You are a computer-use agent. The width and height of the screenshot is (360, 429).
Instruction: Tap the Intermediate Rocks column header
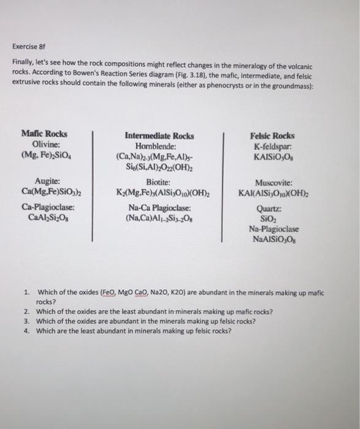[x=159, y=136]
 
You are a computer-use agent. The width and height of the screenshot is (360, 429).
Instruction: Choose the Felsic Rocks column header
[x=272, y=135]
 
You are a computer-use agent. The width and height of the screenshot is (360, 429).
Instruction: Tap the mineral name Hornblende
[x=159, y=146]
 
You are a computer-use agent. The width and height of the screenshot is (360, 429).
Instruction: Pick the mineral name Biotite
[x=158, y=181]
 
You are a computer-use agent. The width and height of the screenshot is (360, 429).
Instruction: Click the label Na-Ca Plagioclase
[x=159, y=207]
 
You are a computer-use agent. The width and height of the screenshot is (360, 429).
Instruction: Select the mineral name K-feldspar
[x=272, y=145]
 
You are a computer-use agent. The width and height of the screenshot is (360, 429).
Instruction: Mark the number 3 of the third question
[x=27, y=321]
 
